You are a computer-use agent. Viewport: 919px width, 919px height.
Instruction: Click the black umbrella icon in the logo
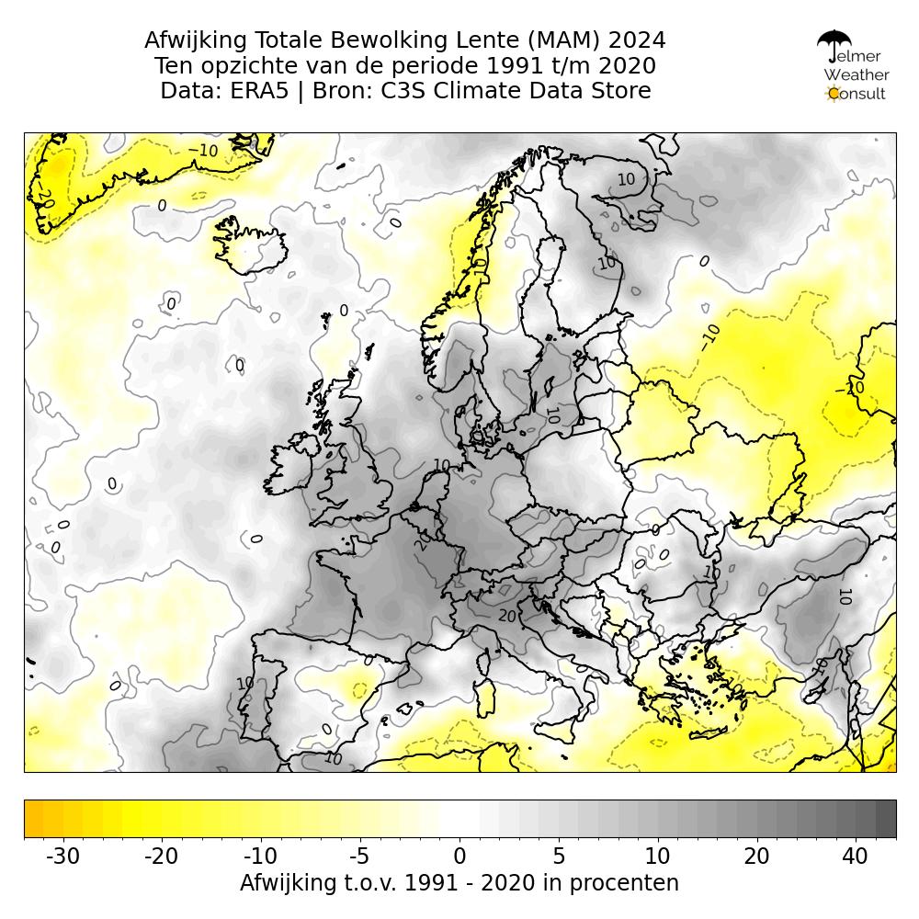tap(834, 42)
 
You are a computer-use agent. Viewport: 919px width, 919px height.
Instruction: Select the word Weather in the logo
tap(856, 75)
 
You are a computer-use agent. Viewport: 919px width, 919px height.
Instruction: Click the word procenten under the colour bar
tap(625, 883)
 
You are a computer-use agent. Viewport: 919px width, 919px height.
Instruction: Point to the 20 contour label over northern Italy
tap(507, 616)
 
